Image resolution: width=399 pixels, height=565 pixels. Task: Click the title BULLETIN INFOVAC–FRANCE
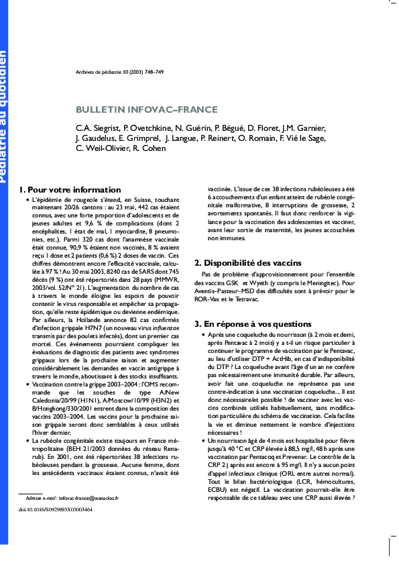point(146,109)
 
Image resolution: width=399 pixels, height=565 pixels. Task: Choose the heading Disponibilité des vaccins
point(243,262)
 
